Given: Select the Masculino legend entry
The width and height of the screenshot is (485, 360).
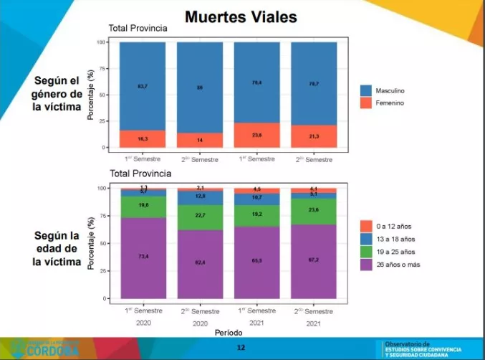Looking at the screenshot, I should click(393, 92).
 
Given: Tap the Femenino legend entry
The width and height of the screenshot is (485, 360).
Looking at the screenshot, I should click(393, 103).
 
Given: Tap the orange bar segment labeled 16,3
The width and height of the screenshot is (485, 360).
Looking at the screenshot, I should click(143, 138).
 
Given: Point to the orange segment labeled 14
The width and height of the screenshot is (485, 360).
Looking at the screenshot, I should click(200, 140).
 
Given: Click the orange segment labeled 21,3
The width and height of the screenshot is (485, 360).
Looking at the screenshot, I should click(314, 136).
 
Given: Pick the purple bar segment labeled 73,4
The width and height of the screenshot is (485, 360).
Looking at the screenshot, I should click(143, 257).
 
